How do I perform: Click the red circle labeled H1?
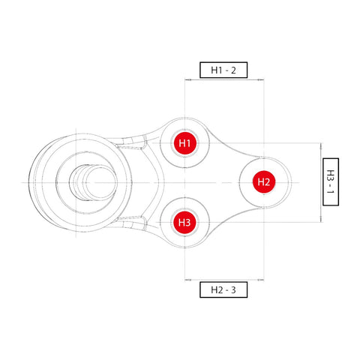click(184, 142)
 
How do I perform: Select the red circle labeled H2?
click(263, 181)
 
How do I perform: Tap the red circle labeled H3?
click(184, 222)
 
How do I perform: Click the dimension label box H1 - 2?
click(223, 70)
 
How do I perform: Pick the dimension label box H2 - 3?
click(223, 289)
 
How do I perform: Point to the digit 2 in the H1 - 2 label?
click(234, 70)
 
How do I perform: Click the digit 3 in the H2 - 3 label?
click(234, 289)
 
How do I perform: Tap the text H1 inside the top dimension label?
click(215, 70)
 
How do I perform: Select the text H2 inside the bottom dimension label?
click(215, 289)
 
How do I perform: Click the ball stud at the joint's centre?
click(85, 182)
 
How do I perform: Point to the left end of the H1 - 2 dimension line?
click(184, 79)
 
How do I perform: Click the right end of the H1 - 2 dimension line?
click(263, 79)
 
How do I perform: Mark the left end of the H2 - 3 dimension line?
click(184, 280)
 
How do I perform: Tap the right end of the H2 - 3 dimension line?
click(263, 280)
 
